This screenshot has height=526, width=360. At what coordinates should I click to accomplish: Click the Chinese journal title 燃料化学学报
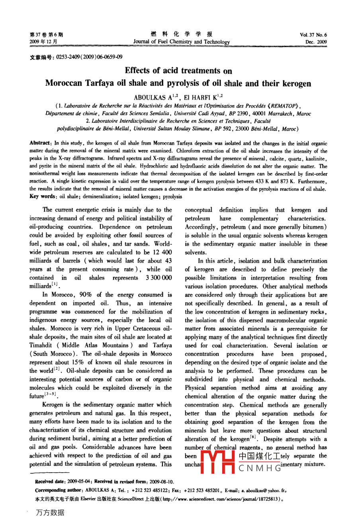pos(182,34)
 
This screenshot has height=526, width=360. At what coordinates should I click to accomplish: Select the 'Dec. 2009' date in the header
pos(316,42)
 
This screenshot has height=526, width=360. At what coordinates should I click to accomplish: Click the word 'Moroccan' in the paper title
pos(63,84)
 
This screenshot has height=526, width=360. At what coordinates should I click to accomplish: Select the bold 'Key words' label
pos(43,196)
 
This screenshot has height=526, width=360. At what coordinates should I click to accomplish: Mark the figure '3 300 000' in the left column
pos(159,278)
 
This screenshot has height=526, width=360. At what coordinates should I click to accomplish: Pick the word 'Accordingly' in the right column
pos(201,227)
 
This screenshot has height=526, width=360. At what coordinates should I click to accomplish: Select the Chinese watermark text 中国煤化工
pos(260,456)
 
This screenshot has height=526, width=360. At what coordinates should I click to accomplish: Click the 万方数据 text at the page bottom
pos(50,512)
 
